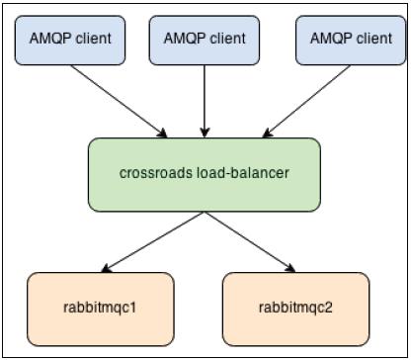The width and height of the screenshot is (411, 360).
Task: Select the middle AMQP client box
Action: pyautogui.click(x=205, y=40)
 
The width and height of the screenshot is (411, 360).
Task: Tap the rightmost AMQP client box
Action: pyautogui.click(x=345, y=40)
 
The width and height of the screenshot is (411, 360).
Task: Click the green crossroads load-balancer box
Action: pyautogui.click(x=205, y=174)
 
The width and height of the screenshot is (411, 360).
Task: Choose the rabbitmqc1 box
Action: pyautogui.click(x=100, y=308)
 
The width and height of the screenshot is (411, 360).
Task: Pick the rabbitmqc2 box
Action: pyautogui.click(x=295, y=308)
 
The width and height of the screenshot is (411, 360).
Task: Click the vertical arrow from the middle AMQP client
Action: pyautogui.click(x=205, y=99)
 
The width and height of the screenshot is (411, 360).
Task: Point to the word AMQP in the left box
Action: pyautogui.click(x=44, y=40)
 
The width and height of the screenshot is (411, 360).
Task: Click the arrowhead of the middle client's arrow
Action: pyautogui.click(x=205, y=133)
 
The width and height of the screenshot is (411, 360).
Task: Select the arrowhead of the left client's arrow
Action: pyautogui.click(x=163, y=133)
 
